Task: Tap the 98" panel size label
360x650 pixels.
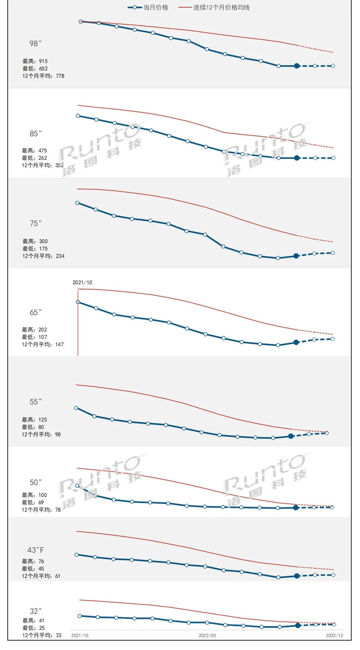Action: pyautogui.click(x=35, y=43)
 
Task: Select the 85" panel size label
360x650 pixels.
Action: pyautogui.click(x=35, y=134)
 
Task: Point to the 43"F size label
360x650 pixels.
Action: pyautogui.click(x=36, y=550)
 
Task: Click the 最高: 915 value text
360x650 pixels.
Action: pyautogui.click(x=35, y=61)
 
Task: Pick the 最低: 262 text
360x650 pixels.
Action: pyautogui.click(x=34, y=158)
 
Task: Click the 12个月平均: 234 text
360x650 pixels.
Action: pyautogui.click(x=43, y=256)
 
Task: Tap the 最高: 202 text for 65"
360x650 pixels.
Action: pyautogui.click(x=34, y=330)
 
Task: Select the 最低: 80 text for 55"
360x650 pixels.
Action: pyautogui.click(x=33, y=427)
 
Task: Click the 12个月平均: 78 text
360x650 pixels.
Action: pyautogui.click(x=41, y=510)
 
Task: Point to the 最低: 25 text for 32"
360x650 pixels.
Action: pyautogui.click(x=33, y=628)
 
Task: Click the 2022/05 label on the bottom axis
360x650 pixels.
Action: pyautogui.click(x=207, y=636)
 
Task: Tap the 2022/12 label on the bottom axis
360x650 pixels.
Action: pyautogui.click(x=334, y=636)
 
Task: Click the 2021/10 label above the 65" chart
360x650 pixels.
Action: pyautogui.click(x=82, y=282)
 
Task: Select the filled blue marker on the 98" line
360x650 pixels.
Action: pyautogui.click(x=297, y=66)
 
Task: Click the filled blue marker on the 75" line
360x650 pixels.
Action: pyautogui.click(x=296, y=256)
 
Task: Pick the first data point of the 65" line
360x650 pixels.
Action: pyautogui.click(x=78, y=302)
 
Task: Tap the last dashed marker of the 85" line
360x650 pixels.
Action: pyautogui.click(x=333, y=158)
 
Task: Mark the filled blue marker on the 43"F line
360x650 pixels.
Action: pyautogui.click(x=297, y=576)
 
